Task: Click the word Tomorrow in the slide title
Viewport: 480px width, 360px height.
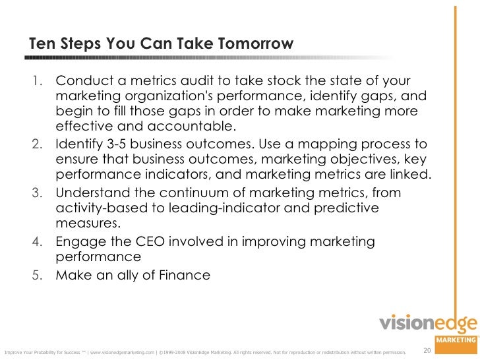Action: pos(253,44)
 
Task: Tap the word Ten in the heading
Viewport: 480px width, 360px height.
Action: pos(42,44)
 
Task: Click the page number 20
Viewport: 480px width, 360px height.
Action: pos(427,349)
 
